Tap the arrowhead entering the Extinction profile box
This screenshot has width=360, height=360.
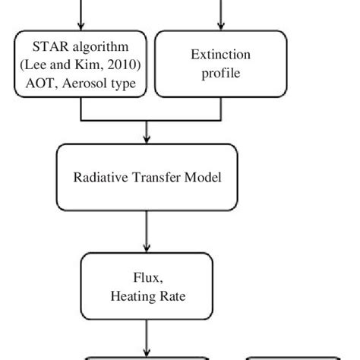coord(222,27)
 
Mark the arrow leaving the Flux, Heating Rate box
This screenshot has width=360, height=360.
coord(147,342)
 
